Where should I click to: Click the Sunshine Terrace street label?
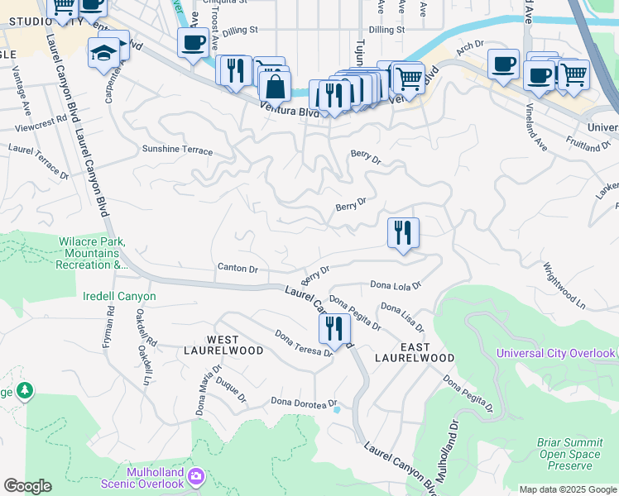[177, 151]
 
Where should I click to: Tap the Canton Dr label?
[238, 268]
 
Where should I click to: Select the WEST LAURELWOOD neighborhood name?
[223, 346]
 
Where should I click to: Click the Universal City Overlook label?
[555, 353]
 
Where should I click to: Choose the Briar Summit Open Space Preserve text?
[570, 454]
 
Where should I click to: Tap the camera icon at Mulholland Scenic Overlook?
[195, 475]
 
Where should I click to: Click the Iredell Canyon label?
[119, 296]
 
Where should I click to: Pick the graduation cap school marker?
[104, 53]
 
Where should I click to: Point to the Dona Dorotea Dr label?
[305, 402]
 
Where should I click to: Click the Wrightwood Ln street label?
[564, 287]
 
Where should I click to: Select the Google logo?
[27, 486]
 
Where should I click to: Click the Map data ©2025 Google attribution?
[567, 489]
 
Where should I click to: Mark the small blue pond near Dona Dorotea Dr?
[336, 408]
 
